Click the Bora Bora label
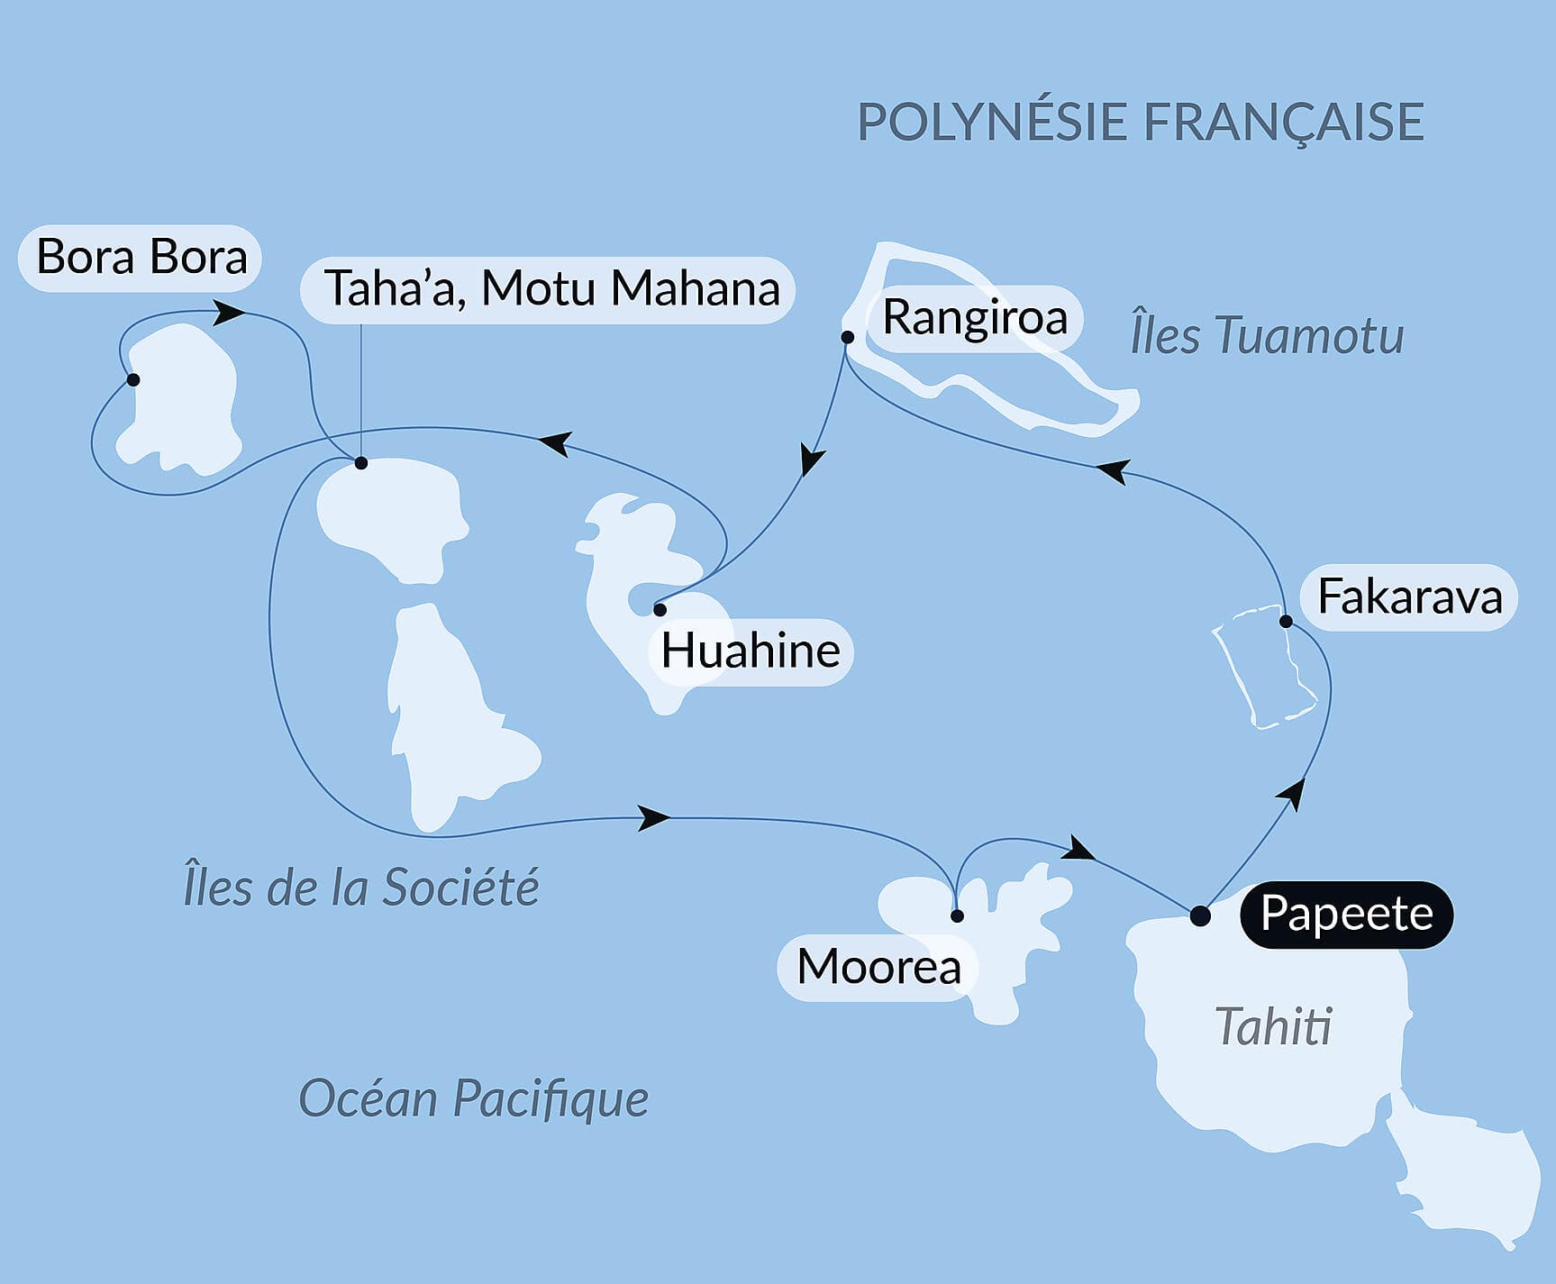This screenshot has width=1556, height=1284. coord(141,258)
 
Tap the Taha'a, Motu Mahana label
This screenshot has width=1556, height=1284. coord(549,289)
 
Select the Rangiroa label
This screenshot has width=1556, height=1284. coord(973,318)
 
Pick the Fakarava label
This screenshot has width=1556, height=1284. coord(1408,597)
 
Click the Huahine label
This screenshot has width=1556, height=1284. coord(750,651)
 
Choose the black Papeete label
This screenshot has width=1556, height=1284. coord(1346,914)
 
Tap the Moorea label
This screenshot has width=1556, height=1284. coord(878,968)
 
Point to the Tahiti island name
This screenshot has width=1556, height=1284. coord(1272,1027)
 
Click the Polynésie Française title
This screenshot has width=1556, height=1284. coord(1140,123)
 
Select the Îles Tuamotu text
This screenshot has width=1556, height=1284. coord(1266,336)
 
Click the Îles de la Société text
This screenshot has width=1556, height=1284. coord(360,887)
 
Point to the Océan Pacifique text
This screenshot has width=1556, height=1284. coord(473,1098)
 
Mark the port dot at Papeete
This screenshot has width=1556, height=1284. coord(1200,915)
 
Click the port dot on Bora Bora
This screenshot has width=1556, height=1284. coord(133,379)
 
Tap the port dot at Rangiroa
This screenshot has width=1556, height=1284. coord(847,337)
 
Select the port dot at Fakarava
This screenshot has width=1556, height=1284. coord(1286,621)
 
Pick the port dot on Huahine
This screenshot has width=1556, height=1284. coord(660,610)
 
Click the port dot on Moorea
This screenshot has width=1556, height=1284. coord(957,915)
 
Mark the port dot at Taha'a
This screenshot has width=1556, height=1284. coord(361,463)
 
